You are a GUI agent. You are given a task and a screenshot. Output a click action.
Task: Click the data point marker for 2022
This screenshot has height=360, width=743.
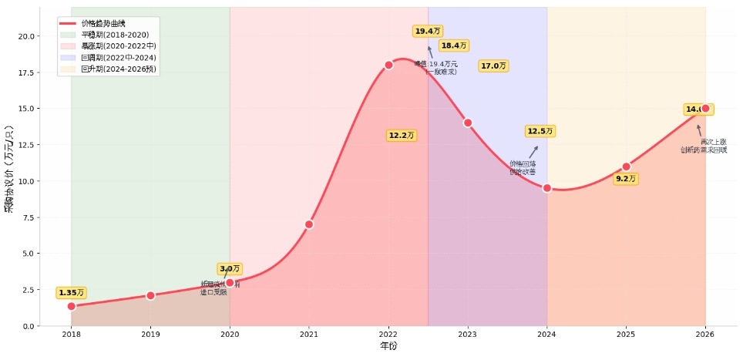(388, 65)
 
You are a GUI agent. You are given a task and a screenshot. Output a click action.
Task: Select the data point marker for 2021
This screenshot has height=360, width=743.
(309, 224)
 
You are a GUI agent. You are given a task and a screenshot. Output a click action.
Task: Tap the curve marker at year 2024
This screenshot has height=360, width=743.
(547, 188)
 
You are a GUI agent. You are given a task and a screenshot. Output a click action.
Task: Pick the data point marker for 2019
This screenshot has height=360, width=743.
(150, 295)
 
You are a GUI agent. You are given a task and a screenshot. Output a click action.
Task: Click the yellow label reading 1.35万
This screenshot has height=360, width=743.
(71, 293)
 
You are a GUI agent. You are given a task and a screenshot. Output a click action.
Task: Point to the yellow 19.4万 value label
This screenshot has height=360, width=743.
(428, 31)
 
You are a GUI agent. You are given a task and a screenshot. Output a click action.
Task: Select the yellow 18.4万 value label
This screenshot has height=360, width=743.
(454, 46)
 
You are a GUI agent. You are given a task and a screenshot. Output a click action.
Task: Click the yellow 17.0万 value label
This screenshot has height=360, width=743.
(493, 66)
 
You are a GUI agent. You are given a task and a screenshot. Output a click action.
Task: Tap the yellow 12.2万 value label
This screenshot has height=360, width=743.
(401, 136)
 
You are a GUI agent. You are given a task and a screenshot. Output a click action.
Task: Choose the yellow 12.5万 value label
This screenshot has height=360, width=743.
(540, 132)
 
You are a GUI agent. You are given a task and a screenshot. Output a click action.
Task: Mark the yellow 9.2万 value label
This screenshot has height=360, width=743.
(626, 179)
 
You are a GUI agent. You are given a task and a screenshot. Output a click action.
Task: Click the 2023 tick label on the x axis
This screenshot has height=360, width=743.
(468, 335)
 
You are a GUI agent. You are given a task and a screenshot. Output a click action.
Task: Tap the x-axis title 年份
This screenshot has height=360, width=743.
(388, 347)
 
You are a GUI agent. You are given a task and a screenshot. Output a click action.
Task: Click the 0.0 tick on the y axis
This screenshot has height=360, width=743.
(26, 326)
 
